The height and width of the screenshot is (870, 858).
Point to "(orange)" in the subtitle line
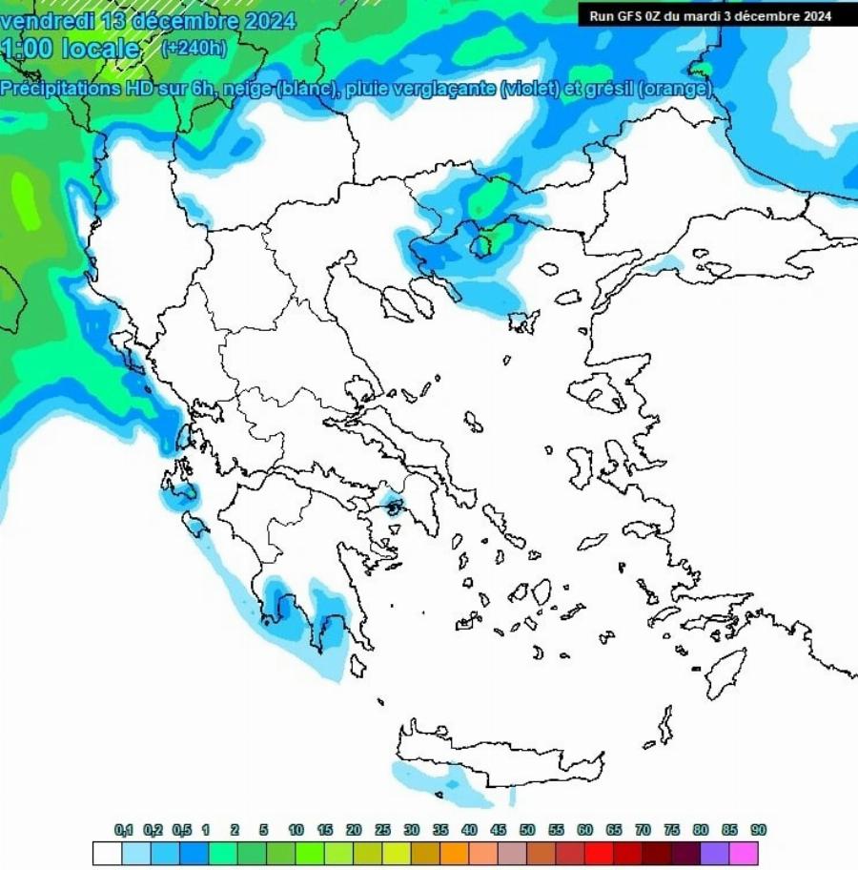tap(674, 89)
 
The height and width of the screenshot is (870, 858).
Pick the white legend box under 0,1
tap(108, 853)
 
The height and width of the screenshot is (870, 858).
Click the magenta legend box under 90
tap(744, 853)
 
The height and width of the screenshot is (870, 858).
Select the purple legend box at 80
tap(715, 853)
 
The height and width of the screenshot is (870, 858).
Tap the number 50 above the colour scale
tap(527, 831)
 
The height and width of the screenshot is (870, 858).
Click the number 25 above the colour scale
tap(382, 831)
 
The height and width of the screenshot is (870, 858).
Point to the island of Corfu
tap(124, 345)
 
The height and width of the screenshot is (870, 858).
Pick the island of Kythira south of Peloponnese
tap(357, 665)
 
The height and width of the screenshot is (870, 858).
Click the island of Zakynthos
tap(196, 524)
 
